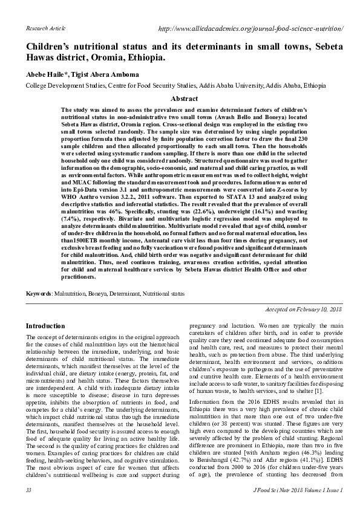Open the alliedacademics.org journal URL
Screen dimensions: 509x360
[250, 28]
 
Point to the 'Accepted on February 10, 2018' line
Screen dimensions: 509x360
[304, 309]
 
